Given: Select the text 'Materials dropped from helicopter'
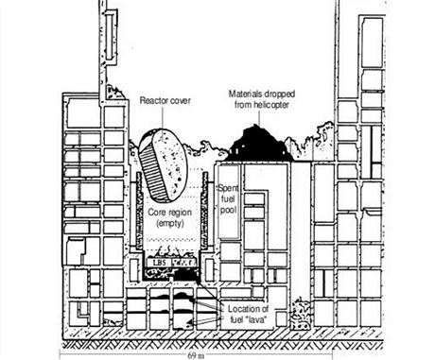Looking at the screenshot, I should (x=258, y=98).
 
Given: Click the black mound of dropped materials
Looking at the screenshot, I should (x=258, y=143).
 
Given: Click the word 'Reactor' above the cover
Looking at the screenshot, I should (x=155, y=99).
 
